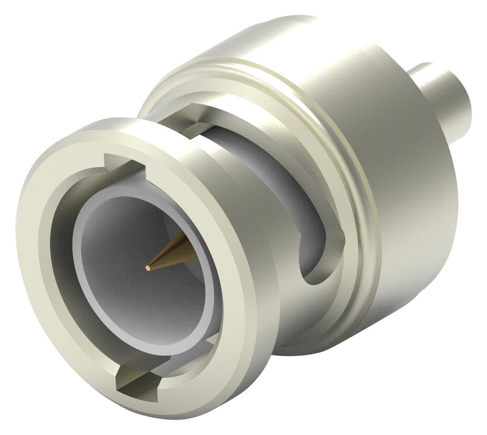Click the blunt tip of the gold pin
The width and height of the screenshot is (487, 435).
[x=149, y=266]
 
